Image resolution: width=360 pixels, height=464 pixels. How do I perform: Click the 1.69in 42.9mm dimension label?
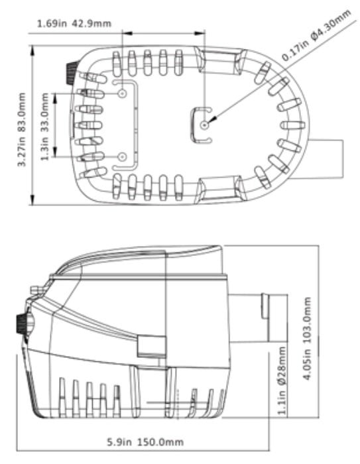click(74, 24)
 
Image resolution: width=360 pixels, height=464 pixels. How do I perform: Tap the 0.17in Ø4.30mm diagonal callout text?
click(316, 35)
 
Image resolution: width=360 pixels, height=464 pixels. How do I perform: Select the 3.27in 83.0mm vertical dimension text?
click(22, 130)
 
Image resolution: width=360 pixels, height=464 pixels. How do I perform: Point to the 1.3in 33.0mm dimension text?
click(44, 127)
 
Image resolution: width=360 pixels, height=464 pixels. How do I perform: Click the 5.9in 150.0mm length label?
click(145, 442)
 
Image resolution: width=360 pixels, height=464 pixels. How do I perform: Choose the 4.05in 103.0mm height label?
click(308, 339)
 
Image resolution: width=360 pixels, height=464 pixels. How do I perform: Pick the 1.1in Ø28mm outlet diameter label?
click(282, 380)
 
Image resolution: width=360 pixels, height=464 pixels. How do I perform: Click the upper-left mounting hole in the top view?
click(122, 94)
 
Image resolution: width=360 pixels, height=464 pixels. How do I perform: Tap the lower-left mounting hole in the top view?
click(122, 157)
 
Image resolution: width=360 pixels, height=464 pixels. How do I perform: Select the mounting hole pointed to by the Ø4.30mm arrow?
click(205, 125)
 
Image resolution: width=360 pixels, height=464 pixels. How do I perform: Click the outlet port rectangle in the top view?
click(326, 159)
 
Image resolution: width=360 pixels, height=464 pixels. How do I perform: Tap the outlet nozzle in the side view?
click(257, 318)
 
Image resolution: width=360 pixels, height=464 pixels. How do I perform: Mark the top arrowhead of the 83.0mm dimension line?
click(32, 50)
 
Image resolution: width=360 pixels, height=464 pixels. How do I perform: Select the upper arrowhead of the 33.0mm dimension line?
click(56, 98)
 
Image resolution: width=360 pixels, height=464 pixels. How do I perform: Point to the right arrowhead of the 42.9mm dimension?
click(200, 33)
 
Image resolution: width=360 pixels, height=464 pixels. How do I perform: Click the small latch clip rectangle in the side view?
click(151, 346)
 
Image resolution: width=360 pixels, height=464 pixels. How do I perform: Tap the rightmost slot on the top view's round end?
click(293, 125)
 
